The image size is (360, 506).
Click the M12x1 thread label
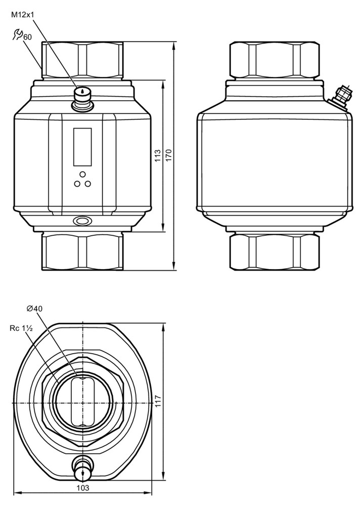click(x=23, y=15)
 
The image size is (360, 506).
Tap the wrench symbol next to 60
click(x=18, y=34)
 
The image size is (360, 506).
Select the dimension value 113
click(x=158, y=156)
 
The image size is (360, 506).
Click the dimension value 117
click(x=158, y=401)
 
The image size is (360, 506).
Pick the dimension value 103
click(x=83, y=488)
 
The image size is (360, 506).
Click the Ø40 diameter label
click(x=34, y=309)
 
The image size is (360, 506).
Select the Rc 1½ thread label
click(x=21, y=328)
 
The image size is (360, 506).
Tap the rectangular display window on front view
click(x=82, y=147)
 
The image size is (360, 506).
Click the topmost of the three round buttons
click(x=82, y=174)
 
